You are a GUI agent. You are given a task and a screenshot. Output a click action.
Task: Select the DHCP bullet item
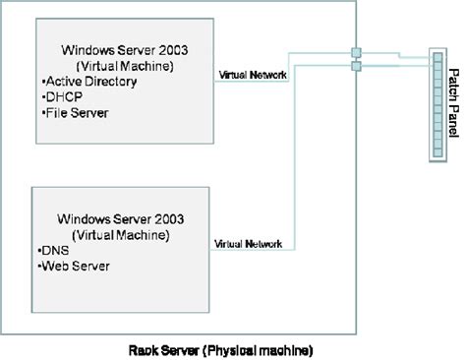66,97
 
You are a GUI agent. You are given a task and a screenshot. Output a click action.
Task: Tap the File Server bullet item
78,113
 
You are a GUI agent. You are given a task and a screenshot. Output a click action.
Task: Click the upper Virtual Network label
253,73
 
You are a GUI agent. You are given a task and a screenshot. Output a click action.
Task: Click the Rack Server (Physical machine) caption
220,349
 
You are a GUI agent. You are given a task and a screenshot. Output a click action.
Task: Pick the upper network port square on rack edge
356,51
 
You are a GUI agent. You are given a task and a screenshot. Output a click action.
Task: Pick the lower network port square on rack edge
356,66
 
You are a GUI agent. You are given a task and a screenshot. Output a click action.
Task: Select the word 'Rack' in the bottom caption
144,349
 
